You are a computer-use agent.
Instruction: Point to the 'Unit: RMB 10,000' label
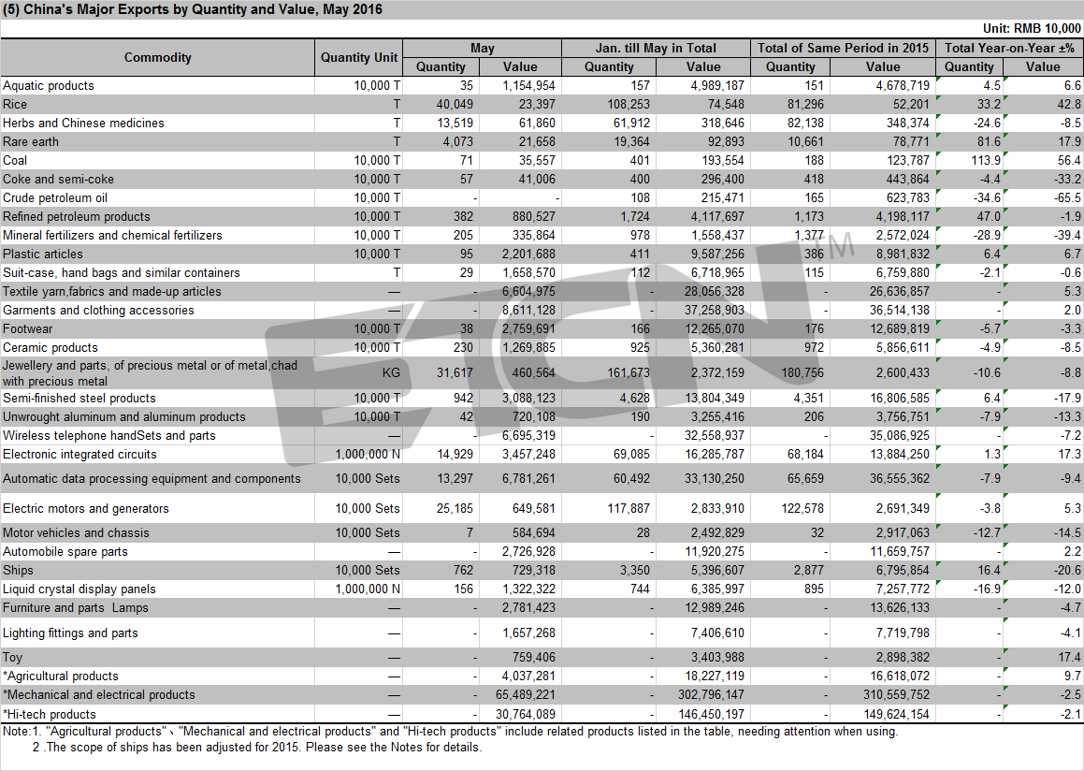pyautogui.click(x=1032, y=28)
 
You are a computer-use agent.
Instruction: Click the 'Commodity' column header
pyautogui.click(x=158, y=57)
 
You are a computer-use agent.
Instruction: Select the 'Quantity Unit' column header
pyautogui.click(x=359, y=57)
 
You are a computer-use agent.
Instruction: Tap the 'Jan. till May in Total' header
pyautogui.click(x=656, y=49)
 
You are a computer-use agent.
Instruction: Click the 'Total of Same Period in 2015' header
pyautogui.click(x=843, y=49)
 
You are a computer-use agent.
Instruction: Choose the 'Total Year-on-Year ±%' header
pyautogui.click(x=1009, y=49)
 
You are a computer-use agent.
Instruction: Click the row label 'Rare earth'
pyautogui.click(x=31, y=141)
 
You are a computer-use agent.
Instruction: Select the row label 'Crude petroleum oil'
pyautogui.click(x=55, y=197)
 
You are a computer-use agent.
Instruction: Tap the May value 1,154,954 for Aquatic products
pyautogui.click(x=528, y=86)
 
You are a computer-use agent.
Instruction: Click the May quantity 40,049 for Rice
pyautogui.click(x=455, y=105)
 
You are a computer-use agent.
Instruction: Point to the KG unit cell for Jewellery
pyautogui.click(x=391, y=372)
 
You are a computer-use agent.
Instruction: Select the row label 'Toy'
pyautogui.click(x=12, y=658)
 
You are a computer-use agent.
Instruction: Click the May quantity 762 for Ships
pyautogui.click(x=463, y=571)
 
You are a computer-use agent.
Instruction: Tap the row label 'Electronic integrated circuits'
pyautogui.click(x=80, y=455)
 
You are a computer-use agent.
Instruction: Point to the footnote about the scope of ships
pyautogui.click(x=257, y=748)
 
